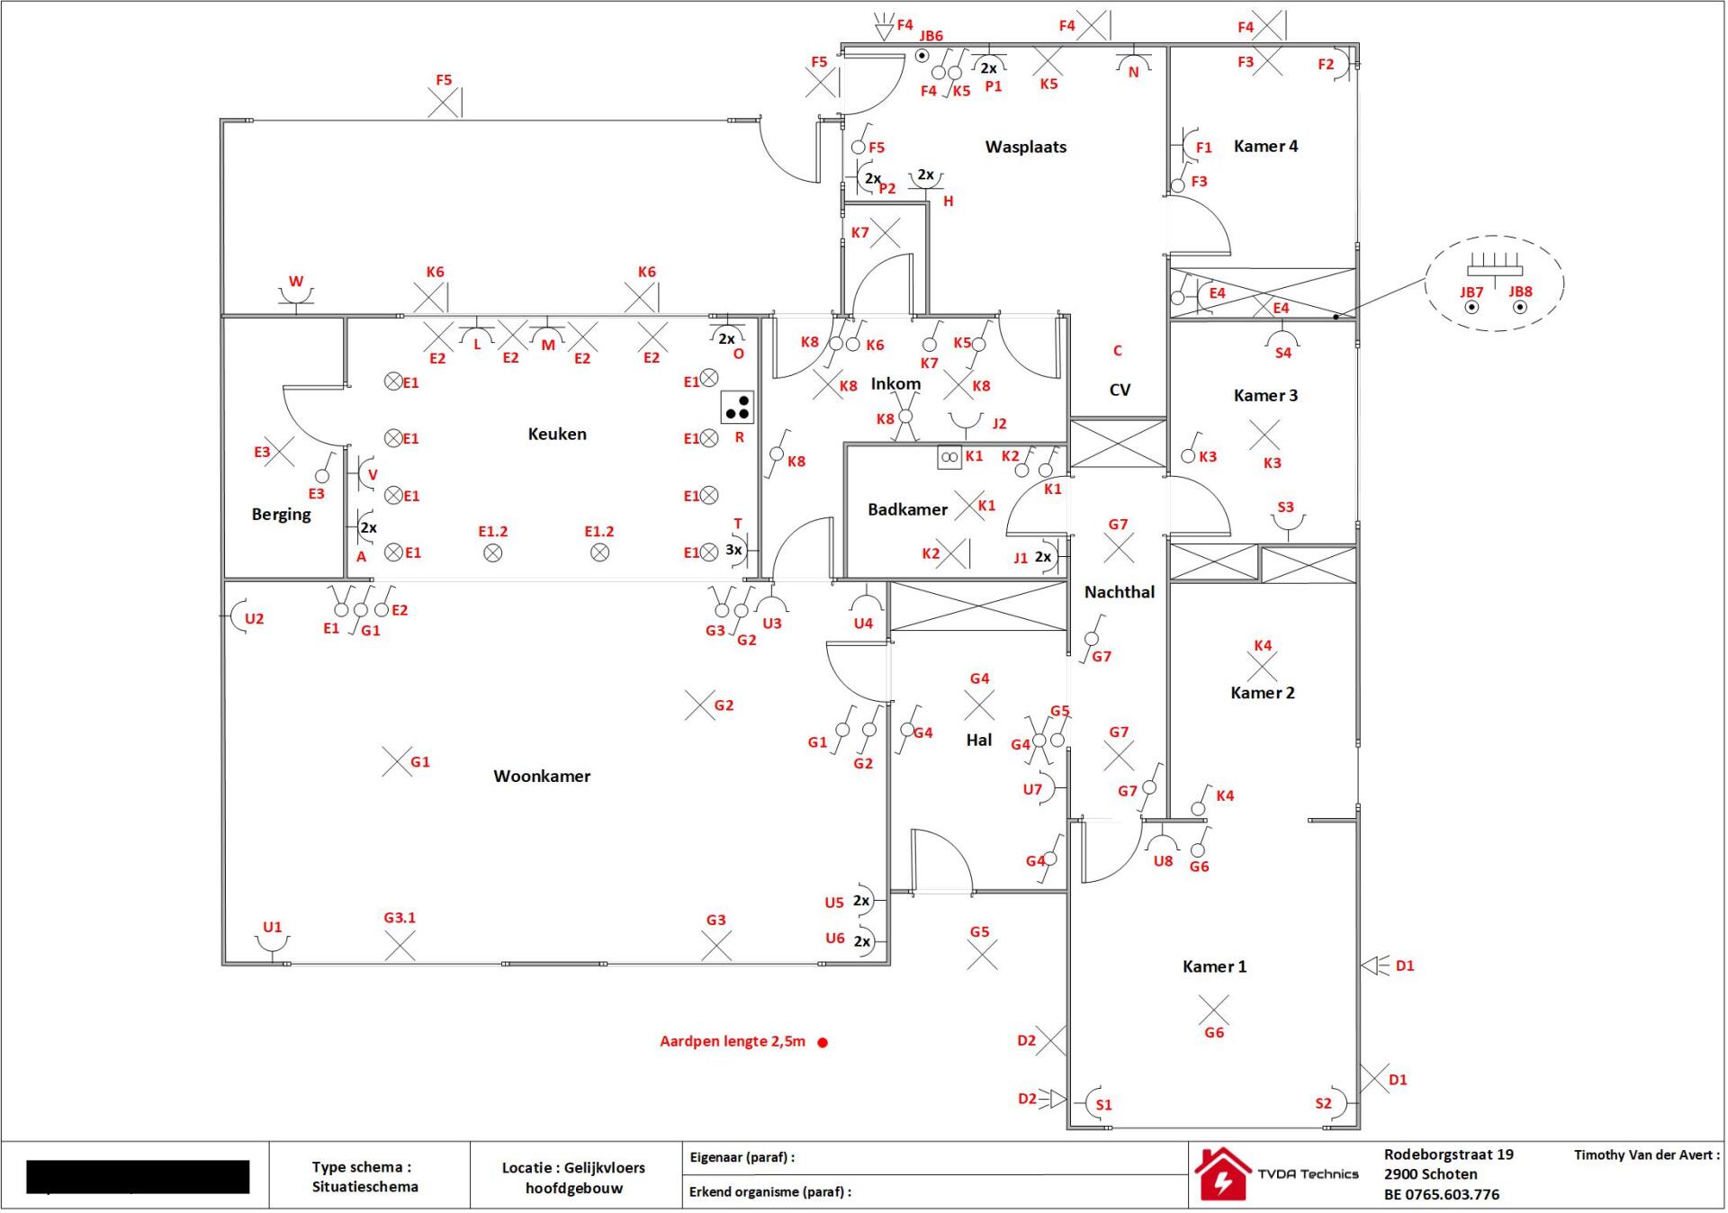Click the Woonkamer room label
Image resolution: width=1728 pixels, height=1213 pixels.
[542, 776]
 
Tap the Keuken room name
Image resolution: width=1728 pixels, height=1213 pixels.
[557, 434]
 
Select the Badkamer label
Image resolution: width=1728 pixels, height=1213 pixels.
[907, 509]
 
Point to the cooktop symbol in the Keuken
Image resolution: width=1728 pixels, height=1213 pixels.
[737, 408]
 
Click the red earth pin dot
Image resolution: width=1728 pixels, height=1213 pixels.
[823, 1042]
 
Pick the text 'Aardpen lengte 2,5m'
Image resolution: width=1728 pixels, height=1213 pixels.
[732, 1041]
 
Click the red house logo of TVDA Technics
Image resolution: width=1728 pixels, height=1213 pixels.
[1221, 1173]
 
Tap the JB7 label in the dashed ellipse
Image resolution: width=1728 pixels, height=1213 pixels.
[1471, 292]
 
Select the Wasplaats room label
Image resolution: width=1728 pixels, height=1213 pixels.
[1026, 147]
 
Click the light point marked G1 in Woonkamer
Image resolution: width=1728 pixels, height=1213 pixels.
[397, 761]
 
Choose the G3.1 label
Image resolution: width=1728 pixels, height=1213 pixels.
[400, 918]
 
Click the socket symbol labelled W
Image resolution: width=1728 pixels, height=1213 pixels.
[295, 295]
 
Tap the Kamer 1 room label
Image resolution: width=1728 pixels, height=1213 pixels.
[1214, 966]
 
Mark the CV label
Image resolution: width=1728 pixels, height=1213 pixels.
[1120, 390]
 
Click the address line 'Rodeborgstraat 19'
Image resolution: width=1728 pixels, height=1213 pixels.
[1448, 1154]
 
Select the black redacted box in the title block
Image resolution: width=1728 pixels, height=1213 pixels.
[138, 1176]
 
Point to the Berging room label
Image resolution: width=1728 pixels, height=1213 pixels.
[281, 515]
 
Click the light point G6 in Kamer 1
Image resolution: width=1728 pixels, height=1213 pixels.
[1213, 1010]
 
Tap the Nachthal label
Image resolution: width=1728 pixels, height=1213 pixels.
[1119, 592]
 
